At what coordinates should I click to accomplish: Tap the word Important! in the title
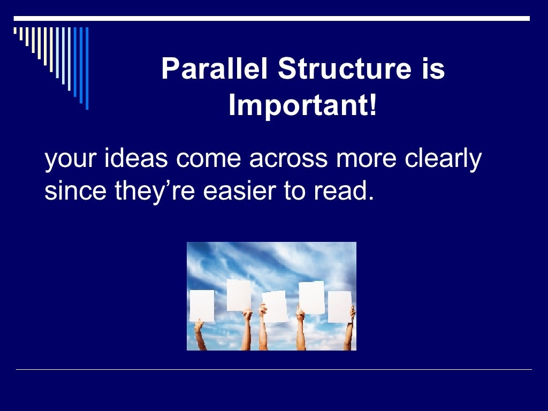click(x=303, y=105)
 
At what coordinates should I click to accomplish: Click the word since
click(x=68, y=191)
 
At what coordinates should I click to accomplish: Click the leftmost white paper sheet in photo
click(x=202, y=306)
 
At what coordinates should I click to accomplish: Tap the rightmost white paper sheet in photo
click(x=339, y=307)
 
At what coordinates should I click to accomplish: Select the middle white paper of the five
click(x=275, y=307)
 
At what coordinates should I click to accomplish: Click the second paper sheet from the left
click(x=239, y=294)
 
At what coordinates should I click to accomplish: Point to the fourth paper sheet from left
click(x=311, y=297)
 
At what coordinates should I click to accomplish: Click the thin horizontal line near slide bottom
click(x=274, y=369)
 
